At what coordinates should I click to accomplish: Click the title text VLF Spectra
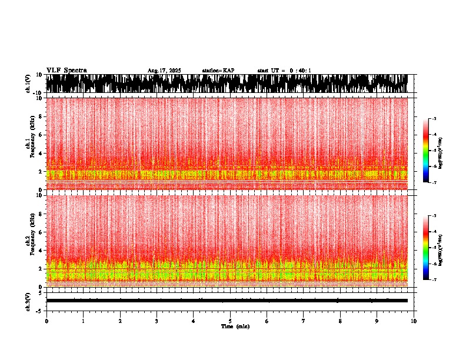pyautogui.click(x=66, y=71)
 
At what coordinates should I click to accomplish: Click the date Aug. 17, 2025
pyautogui.click(x=164, y=71)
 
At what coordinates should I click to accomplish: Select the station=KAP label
pyautogui.click(x=218, y=71)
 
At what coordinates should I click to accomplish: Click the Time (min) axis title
pyautogui.click(x=235, y=326)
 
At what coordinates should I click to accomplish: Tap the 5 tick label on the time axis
pyautogui.click(x=230, y=321)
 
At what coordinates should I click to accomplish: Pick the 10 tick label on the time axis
pyautogui.click(x=414, y=321)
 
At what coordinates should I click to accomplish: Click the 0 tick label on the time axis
pyautogui.click(x=46, y=321)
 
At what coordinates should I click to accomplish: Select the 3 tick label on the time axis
pyautogui.click(x=157, y=321)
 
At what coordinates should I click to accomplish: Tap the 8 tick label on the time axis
pyautogui.click(x=340, y=321)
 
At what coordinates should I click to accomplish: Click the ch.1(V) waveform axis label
pyautogui.click(x=28, y=84)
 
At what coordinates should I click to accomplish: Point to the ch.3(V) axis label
pyautogui.click(x=28, y=301)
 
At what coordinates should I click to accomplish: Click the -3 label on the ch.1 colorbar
pyautogui.click(x=434, y=119)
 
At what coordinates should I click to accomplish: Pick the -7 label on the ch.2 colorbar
pyautogui.click(x=434, y=280)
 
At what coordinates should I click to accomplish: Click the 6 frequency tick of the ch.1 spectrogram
pyautogui.click(x=41, y=135)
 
